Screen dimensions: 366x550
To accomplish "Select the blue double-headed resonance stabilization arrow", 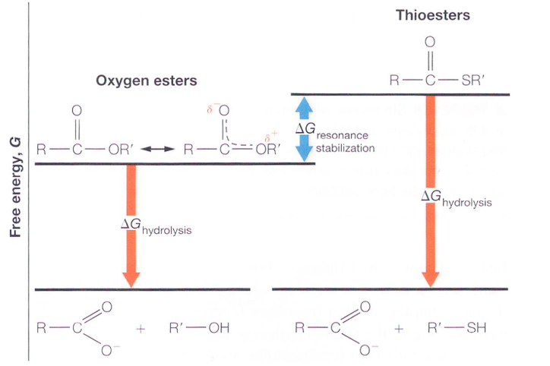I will tap(304, 127).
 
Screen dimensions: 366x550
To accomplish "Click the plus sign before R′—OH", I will tap(140, 329).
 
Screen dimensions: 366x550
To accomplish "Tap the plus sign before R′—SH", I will tap(399, 329).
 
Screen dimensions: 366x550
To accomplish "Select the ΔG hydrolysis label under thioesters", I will tap(456, 199).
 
